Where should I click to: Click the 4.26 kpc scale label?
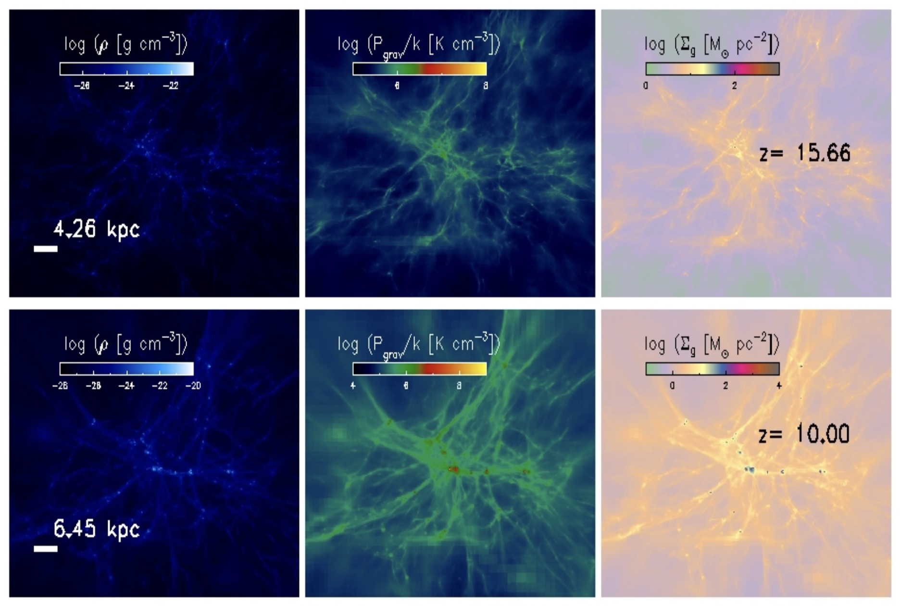[96, 230]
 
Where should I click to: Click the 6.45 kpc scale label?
[96, 530]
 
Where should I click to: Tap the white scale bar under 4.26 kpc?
[46, 249]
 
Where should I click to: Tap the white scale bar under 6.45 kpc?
[46, 548]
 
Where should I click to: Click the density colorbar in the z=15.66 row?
[126, 69]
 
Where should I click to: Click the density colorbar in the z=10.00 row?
[126, 369]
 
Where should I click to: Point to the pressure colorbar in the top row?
[419, 69]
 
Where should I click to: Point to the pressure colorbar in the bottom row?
[419, 369]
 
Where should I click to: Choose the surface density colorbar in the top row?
[712, 69]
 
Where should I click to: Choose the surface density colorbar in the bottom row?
[712, 369]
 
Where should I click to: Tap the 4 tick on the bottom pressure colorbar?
[353, 386]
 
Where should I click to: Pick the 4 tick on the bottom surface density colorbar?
[779, 386]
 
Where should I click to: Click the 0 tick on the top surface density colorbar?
[646, 86]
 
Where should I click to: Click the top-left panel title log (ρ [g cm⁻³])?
[126, 45]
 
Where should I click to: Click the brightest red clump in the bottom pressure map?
[453, 468]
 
